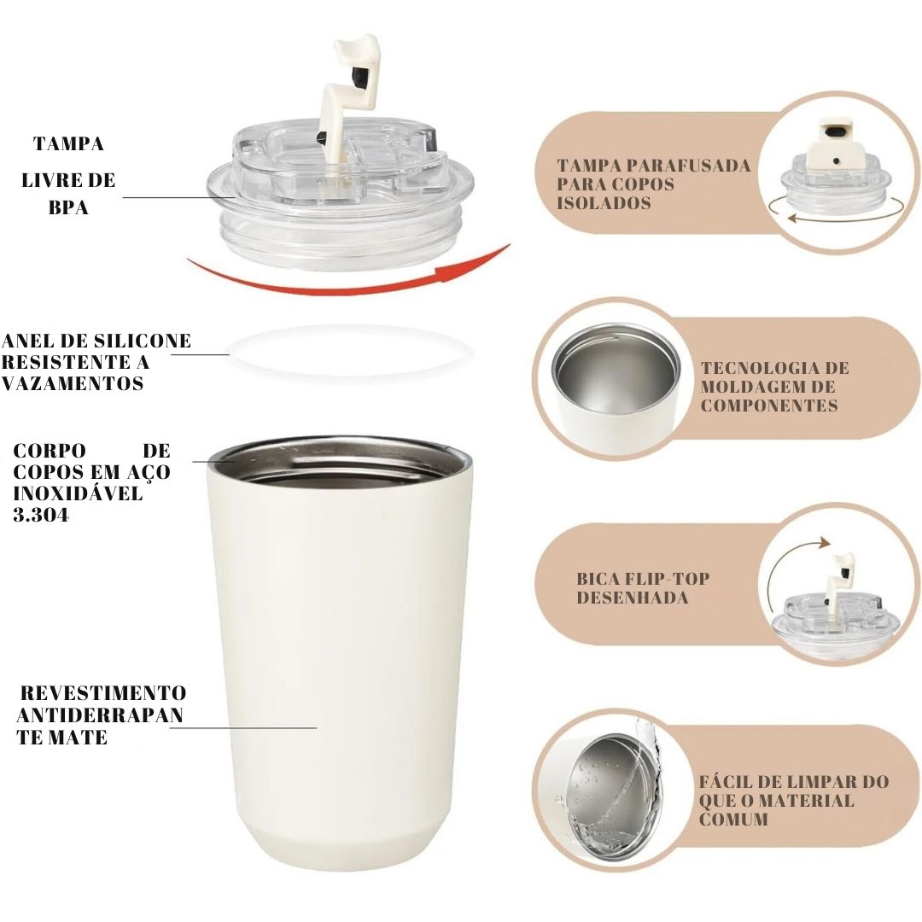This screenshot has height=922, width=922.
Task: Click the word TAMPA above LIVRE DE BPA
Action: pos(69,143)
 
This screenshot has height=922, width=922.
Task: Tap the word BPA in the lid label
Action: pos(68,207)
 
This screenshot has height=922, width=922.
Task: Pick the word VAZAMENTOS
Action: pos(73,384)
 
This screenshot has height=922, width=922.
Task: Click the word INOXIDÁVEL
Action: pos(78,494)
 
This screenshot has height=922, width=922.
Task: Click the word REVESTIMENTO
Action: pos(102,692)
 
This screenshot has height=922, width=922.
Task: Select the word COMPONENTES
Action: pos(769,406)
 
